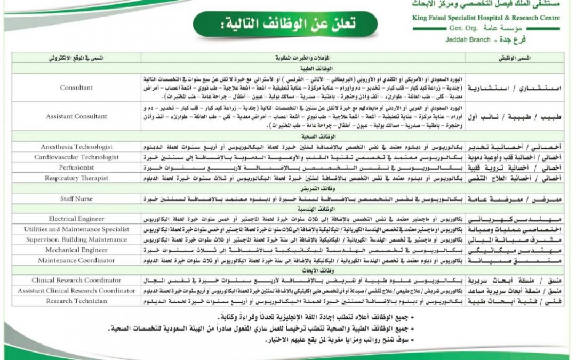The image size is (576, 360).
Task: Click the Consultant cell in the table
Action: point(76,87)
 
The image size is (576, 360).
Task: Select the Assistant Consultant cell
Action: point(76,116)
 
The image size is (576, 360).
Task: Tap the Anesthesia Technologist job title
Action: point(76,147)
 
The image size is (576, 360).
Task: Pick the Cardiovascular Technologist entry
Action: point(76,157)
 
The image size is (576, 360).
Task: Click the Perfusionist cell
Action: point(76,167)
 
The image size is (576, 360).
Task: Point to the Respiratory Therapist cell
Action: point(76,178)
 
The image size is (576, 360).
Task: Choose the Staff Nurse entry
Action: point(76,198)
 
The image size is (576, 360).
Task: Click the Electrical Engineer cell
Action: point(76,219)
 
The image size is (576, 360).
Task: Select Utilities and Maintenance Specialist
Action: point(76,229)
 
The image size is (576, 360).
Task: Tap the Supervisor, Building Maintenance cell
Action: point(76,239)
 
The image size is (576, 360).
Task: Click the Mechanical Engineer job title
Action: point(76,250)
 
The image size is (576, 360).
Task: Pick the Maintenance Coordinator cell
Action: point(76,260)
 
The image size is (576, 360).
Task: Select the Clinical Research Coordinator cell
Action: point(76,280)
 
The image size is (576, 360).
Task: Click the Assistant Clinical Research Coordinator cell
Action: point(76,291)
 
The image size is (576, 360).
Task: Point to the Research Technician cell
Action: point(76,301)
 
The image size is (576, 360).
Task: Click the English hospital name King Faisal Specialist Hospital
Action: point(486,17)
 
